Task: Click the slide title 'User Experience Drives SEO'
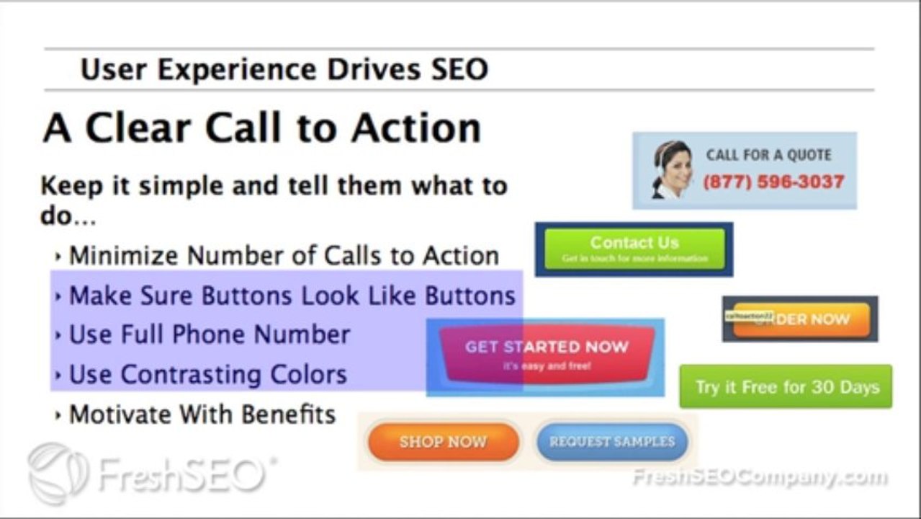click(x=284, y=70)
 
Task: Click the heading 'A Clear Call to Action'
click(x=261, y=129)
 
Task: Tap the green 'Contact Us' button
click(x=634, y=249)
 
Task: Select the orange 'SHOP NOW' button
click(x=443, y=441)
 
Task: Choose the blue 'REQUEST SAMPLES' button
click(x=612, y=441)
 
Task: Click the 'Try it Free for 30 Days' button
click(x=786, y=387)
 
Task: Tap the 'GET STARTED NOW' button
click(x=547, y=353)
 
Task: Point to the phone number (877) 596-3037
click(x=773, y=182)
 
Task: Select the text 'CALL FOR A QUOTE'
click(x=768, y=155)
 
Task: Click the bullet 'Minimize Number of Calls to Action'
click(x=284, y=256)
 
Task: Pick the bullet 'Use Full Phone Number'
click(x=209, y=334)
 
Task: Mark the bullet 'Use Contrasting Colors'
click(x=207, y=375)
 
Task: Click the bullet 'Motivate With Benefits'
click(x=202, y=414)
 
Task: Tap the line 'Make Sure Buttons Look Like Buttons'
click(x=292, y=296)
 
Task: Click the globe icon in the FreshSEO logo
click(x=58, y=473)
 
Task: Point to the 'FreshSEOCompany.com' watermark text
click(x=759, y=477)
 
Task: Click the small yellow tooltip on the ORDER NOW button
click(x=749, y=316)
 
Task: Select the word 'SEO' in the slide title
click(x=459, y=70)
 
